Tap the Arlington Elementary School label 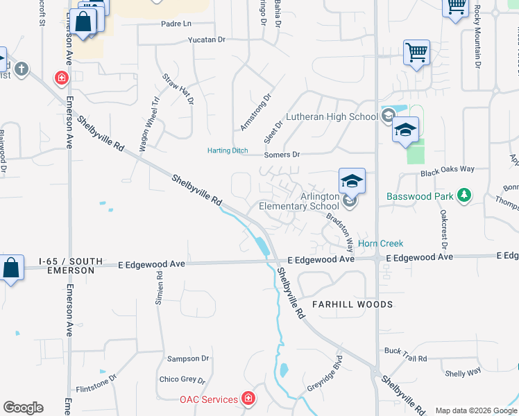299,201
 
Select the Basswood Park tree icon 464,196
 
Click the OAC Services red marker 248,399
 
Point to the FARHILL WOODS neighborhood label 352,304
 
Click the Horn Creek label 381,243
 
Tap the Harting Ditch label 228,150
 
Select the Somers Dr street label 282,155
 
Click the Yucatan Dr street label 207,40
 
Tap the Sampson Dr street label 188,358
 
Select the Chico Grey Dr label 183,379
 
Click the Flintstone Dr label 96,383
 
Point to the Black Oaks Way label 448,169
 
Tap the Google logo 23,408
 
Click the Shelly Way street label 463,372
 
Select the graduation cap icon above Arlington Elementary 352,181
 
